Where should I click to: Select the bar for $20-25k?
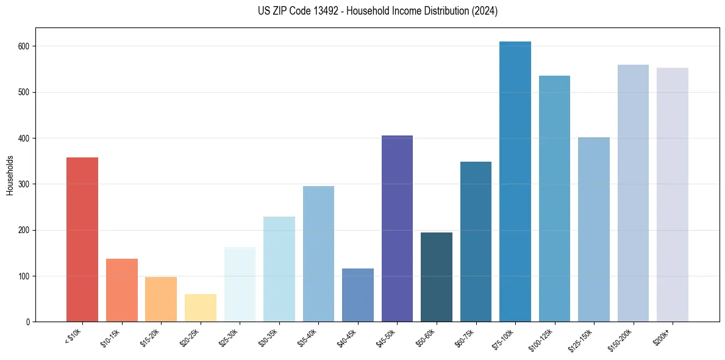(x=201, y=308)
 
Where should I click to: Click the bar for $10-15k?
(x=122, y=290)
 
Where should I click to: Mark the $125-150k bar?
(x=594, y=229)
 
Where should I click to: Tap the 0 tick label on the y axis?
(x=29, y=322)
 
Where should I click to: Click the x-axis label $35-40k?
(x=310, y=337)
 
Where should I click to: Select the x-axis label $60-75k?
(x=467, y=337)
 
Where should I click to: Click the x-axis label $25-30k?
(x=231, y=337)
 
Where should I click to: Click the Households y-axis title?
(x=10, y=175)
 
